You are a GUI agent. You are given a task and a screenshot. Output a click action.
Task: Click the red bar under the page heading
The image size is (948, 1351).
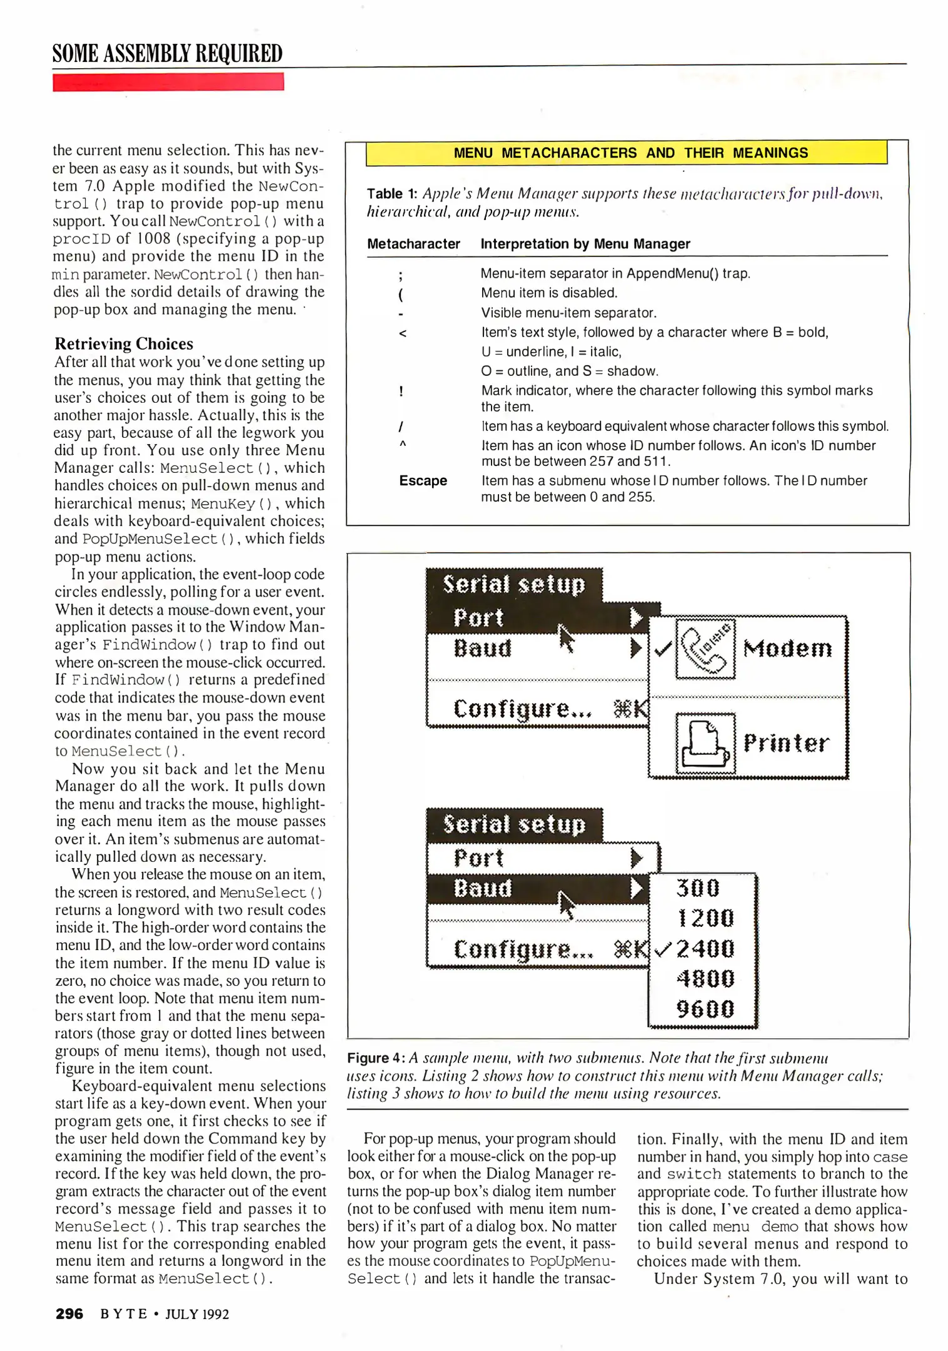pos(168,82)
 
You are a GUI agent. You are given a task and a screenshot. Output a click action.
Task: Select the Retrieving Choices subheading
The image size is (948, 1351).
pos(124,344)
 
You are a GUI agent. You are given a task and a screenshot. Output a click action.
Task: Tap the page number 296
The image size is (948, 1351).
pos(69,1313)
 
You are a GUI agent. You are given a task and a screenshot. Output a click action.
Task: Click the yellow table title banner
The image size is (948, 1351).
pos(626,153)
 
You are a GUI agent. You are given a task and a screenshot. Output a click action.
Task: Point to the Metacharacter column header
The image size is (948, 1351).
pos(413,244)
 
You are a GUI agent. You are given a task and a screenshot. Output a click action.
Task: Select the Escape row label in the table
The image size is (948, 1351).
pos(423,481)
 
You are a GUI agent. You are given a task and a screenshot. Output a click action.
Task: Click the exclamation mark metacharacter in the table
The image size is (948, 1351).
pos(401,392)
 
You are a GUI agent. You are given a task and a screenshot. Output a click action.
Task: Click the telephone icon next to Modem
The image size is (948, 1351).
pos(705,649)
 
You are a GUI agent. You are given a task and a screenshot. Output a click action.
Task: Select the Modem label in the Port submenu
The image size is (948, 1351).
pos(787,649)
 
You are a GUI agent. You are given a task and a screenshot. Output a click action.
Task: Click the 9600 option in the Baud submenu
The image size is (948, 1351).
pos(705,1008)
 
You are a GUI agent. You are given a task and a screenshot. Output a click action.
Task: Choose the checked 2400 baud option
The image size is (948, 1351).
pos(705,949)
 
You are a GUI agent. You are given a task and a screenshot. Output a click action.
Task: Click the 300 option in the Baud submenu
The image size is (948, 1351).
pos(698,888)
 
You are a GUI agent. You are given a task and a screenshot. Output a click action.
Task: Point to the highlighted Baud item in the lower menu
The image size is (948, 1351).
pos(483,888)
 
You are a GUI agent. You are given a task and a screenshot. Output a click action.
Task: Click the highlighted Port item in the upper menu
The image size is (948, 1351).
pos(478,618)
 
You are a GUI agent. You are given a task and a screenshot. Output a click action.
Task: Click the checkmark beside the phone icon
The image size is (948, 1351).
pos(662,649)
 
